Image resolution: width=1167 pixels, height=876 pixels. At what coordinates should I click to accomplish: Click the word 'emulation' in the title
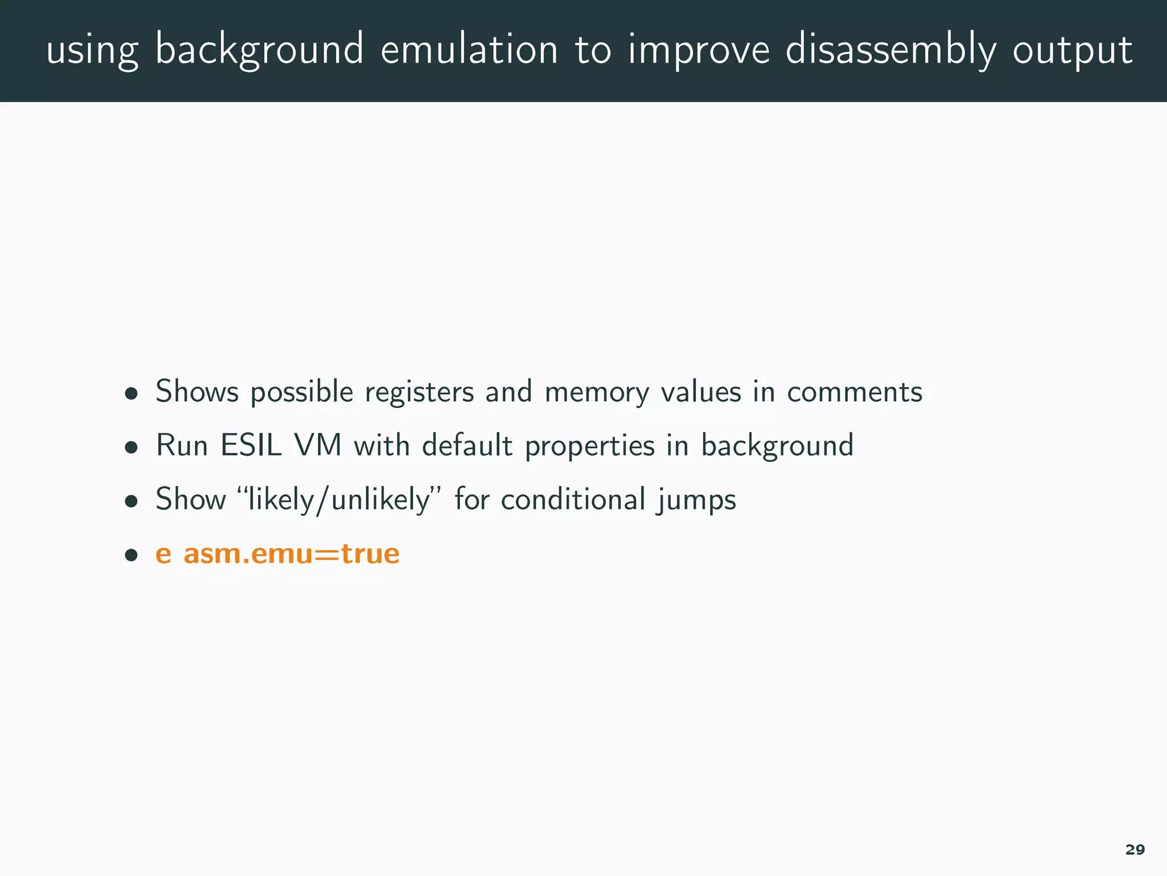[469, 50]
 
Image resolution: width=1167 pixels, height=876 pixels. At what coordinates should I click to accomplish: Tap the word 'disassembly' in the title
[891, 50]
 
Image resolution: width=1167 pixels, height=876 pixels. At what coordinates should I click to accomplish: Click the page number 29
[1135, 850]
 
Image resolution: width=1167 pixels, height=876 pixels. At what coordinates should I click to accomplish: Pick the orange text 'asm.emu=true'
[291, 554]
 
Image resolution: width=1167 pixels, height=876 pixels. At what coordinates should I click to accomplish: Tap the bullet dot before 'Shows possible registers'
[132, 394]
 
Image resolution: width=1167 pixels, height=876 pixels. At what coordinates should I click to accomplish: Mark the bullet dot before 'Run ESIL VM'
[132, 447]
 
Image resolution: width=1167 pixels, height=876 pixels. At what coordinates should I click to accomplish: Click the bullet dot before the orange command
[132, 554]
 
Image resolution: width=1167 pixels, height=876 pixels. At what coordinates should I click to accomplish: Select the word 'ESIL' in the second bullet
[251, 445]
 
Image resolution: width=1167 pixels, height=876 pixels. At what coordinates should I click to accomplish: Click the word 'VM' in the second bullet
[317, 445]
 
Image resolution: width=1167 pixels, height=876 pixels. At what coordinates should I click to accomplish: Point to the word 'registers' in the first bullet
[419, 392]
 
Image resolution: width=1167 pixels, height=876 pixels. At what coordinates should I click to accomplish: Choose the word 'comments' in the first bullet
[854, 392]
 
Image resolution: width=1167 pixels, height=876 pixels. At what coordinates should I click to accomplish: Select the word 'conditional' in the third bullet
[573, 500]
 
